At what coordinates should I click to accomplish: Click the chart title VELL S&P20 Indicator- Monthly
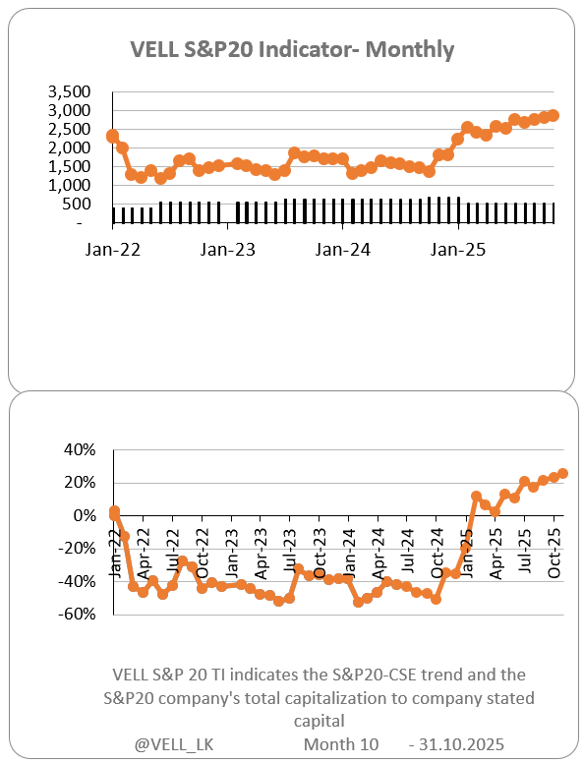coord(292,49)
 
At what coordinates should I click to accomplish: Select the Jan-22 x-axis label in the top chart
coord(113,250)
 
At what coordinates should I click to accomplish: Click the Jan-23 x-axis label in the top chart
coord(228,250)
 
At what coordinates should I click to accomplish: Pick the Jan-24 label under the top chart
coord(343,250)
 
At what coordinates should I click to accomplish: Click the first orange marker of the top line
coord(113,136)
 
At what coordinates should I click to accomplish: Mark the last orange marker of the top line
coord(554,115)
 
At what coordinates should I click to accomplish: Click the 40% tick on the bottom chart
coord(81,449)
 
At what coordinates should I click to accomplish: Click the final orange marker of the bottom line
coord(562,473)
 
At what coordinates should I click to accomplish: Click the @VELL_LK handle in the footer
coord(174,744)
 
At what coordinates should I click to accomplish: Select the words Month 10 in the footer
coord(341,744)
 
